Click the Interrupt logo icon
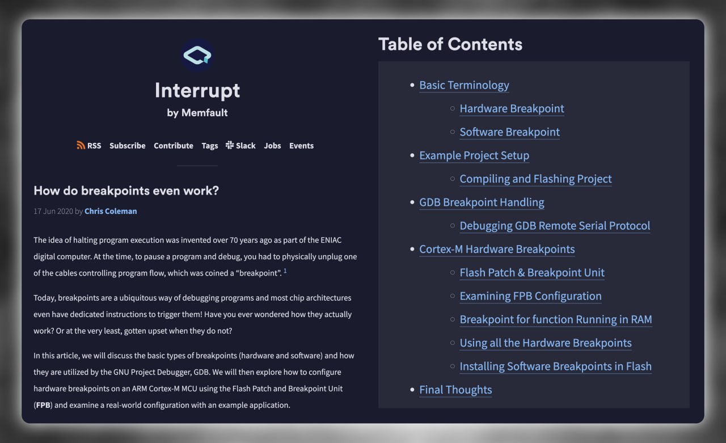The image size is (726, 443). coord(197,56)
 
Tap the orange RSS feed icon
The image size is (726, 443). coord(81,145)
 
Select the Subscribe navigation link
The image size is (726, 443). coord(128,146)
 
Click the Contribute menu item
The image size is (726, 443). coord(174,146)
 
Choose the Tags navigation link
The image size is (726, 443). coord(210,146)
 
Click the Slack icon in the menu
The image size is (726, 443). coord(230,145)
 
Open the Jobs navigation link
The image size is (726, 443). coord(272,146)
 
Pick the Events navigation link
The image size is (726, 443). coord(301,146)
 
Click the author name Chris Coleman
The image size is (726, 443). coord(111,212)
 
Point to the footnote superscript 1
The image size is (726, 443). coord(285,271)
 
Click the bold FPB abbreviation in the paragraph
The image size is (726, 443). coord(43,405)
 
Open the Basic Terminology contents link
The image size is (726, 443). coord(464,85)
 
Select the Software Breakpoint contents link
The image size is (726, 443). coord(509,132)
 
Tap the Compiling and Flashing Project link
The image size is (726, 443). coord(535,179)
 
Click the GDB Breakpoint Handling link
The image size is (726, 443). coord(482,202)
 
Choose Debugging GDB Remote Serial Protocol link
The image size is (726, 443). coord(555,226)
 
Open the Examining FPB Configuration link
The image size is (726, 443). coord(530,296)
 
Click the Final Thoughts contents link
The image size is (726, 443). coord(455,390)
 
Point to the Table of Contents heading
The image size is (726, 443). coord(450,44)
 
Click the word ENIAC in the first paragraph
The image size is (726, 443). coord(331,240)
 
